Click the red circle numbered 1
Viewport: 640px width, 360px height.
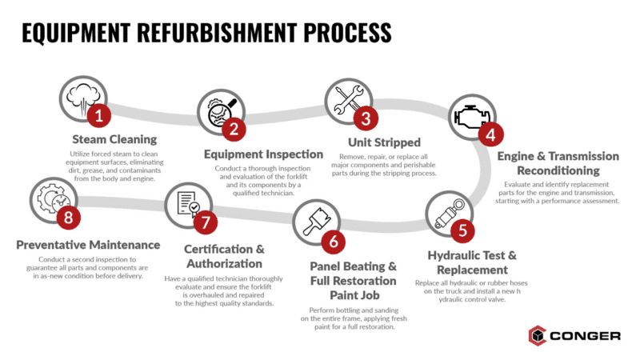tap(99, 117)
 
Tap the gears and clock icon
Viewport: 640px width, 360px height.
tap(51, 199)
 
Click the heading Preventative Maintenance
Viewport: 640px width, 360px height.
tap(90, 244)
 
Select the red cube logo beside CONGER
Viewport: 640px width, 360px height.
tap(538, 335)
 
